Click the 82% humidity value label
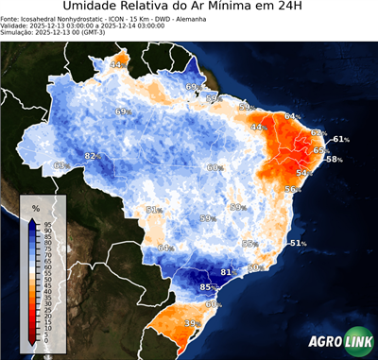click(x=93, y=156)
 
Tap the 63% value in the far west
click(x=60, y=165)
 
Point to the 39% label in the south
click(x=193, y=323)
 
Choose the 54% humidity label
click(x=304, y=173)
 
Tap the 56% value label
click(x=292, y=189)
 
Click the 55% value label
click(x=249, y=244)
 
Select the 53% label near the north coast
click(x=247, y=108)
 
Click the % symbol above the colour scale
click(x=35, y=207)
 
